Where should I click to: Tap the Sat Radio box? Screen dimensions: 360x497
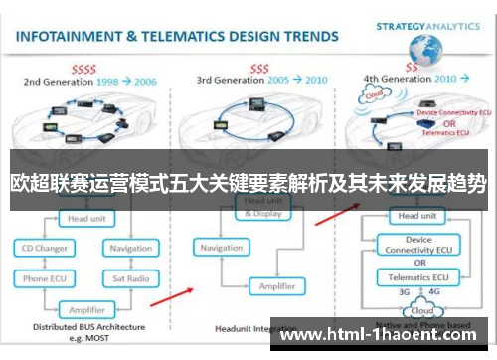pos(130,279)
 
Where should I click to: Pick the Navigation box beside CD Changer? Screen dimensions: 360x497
pos(130,247)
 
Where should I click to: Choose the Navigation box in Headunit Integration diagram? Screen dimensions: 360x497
pos(221,248)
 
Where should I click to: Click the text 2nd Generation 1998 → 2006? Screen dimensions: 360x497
pos(89,79)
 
